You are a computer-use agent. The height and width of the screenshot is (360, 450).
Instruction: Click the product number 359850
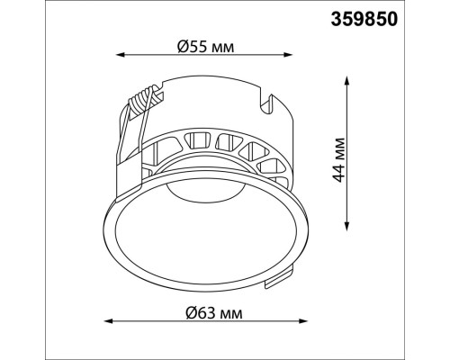click(364, 19)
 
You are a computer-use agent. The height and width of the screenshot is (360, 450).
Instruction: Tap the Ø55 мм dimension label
click(205, 47)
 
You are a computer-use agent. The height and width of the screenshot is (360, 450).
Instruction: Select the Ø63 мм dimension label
click(213, 313)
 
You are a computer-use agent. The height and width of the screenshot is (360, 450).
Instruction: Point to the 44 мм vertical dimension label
click(339, 160)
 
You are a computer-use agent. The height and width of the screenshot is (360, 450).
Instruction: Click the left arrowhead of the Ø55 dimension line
click(120, 55)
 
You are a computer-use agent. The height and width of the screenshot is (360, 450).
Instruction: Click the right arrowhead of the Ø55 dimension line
click(288, 55)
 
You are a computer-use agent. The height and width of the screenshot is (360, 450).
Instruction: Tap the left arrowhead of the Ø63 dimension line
click(108, 321)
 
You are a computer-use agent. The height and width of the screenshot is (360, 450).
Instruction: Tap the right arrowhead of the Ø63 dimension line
click(303, 321)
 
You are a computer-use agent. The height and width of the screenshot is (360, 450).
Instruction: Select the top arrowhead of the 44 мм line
click(347, 81)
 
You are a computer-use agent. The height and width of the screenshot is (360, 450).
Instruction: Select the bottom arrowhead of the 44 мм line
click(347, 227)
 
